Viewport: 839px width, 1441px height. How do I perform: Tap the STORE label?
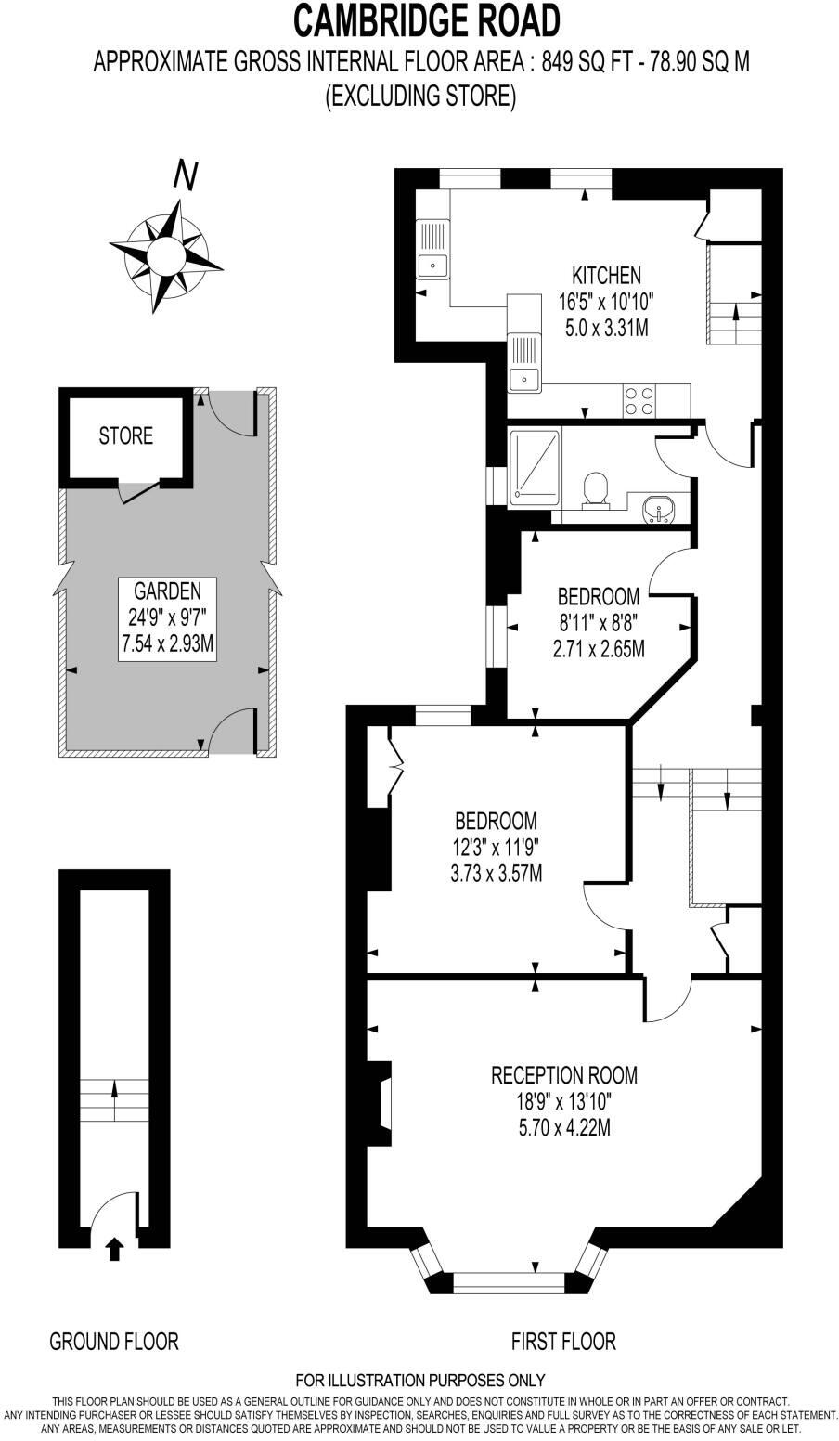[126, 435]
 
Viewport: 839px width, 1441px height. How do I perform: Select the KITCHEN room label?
[605, 275]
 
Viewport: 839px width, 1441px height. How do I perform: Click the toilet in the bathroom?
[594, 489]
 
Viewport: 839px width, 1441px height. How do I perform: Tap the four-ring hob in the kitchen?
[639, 400]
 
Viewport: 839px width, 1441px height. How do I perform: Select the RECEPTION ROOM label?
[563, 1075]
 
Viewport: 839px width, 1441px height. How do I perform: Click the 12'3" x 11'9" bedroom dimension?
[497, 847]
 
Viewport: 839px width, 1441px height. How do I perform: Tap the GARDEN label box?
[167, 618]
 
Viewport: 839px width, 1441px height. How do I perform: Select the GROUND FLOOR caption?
[113, 1341]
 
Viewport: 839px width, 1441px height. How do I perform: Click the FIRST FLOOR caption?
[563, 1341]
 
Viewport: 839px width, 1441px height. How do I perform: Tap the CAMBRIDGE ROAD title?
[427, 19]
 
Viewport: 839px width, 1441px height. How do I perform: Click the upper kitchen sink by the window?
[432, 250]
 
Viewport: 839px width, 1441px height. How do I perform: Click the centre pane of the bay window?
[508, 1281]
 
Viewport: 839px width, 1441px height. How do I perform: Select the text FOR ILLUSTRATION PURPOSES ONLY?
[419, 1380]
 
